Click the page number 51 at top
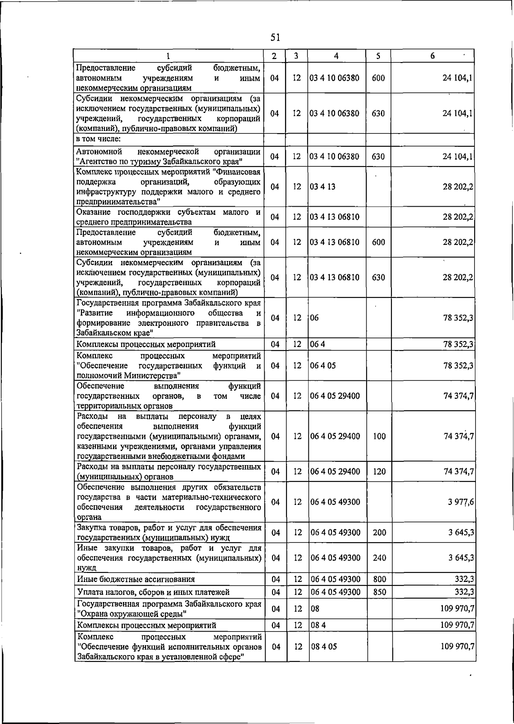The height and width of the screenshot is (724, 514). (275, 37)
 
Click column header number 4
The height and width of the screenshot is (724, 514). (337, 56)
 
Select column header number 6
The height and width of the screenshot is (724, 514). (433, 56)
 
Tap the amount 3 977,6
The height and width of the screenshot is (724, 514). (461, 502)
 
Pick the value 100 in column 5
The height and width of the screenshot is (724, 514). (379, 436)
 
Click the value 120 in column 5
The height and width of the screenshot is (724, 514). (379, 472)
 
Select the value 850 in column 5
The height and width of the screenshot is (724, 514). (379, 592)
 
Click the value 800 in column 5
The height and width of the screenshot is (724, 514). (379, 579)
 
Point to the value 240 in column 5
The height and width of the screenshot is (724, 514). (379, 558)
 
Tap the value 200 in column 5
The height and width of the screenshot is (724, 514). (379, 533)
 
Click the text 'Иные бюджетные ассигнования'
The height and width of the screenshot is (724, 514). (136, 579)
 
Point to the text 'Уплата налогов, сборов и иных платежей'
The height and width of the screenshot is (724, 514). (153, 592)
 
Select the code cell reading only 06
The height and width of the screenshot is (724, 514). (315, 318)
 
